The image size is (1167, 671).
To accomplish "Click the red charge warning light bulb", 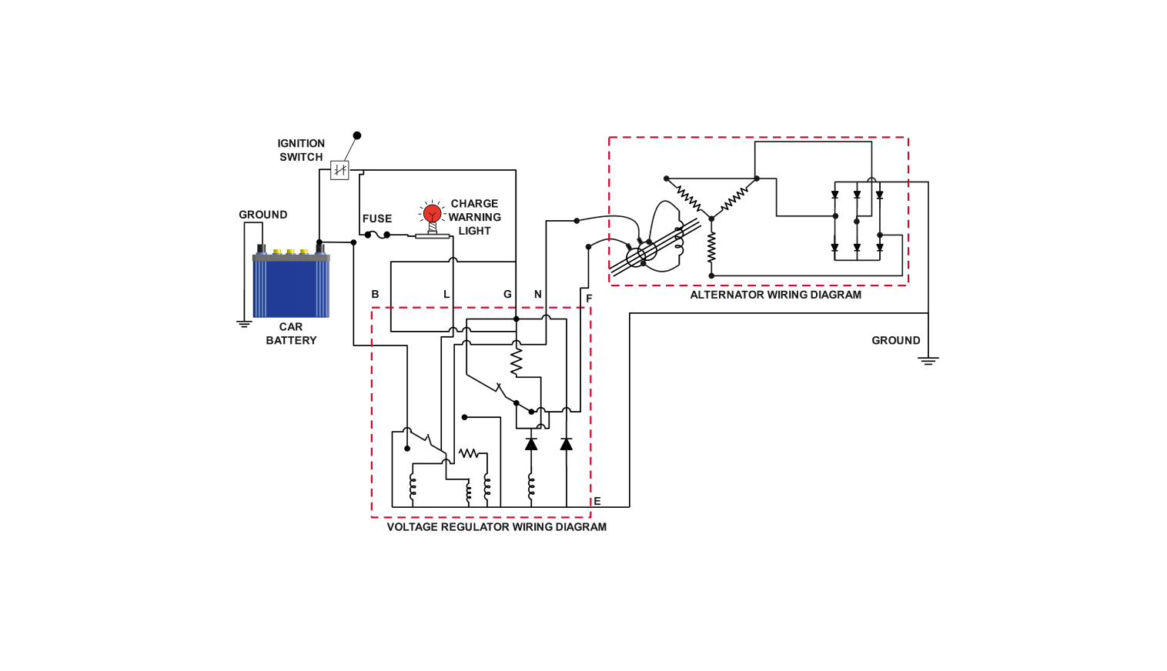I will tap(433, 212).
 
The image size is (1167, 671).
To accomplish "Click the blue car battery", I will tap(291, 286).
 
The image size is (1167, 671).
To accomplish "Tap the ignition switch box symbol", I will tap(339, 169).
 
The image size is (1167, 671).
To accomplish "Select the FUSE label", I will tap(377, 219).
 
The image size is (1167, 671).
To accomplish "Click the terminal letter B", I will tap(375, 294).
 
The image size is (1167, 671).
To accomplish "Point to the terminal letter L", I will tap(446, 294).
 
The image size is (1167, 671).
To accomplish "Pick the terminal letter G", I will tap(507, 294).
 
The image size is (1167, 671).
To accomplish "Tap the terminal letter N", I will tap(538, 294).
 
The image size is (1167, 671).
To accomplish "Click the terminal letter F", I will tap(589, 298).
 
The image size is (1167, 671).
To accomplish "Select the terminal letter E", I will tap(597, 501).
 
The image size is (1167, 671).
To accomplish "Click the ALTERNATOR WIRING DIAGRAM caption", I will tap(775, 295).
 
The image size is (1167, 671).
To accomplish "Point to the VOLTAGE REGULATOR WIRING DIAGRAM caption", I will tap(497, 527).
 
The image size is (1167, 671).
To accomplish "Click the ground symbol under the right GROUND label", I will tap(928, 360).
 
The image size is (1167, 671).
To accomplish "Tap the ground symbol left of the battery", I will tap(244, 324).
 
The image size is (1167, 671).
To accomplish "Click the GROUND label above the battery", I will tap(263, 215).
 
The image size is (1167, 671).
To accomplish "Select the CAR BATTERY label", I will tap(291, 333).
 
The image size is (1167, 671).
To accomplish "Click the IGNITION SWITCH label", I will tap(301, 150).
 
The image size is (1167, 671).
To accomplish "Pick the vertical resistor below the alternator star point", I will tap(711, 247).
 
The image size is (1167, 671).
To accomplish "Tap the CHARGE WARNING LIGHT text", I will tap(474, 217).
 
